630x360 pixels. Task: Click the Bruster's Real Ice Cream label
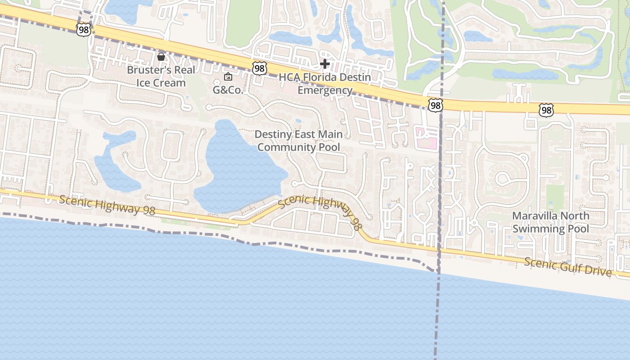coord(161,76)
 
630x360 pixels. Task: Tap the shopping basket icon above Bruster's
coord(161,57)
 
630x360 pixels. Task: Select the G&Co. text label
coord(228,90)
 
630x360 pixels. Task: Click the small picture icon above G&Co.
coord(228,76)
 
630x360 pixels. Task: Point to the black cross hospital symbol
coord(324,64)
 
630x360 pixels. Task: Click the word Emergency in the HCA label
coord(325,90)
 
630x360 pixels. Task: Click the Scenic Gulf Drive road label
coord(568,267)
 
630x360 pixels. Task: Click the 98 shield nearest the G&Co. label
coord(259,68)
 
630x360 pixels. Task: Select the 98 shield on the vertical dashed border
coord(436,105)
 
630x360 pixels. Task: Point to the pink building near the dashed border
coord(426,138)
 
